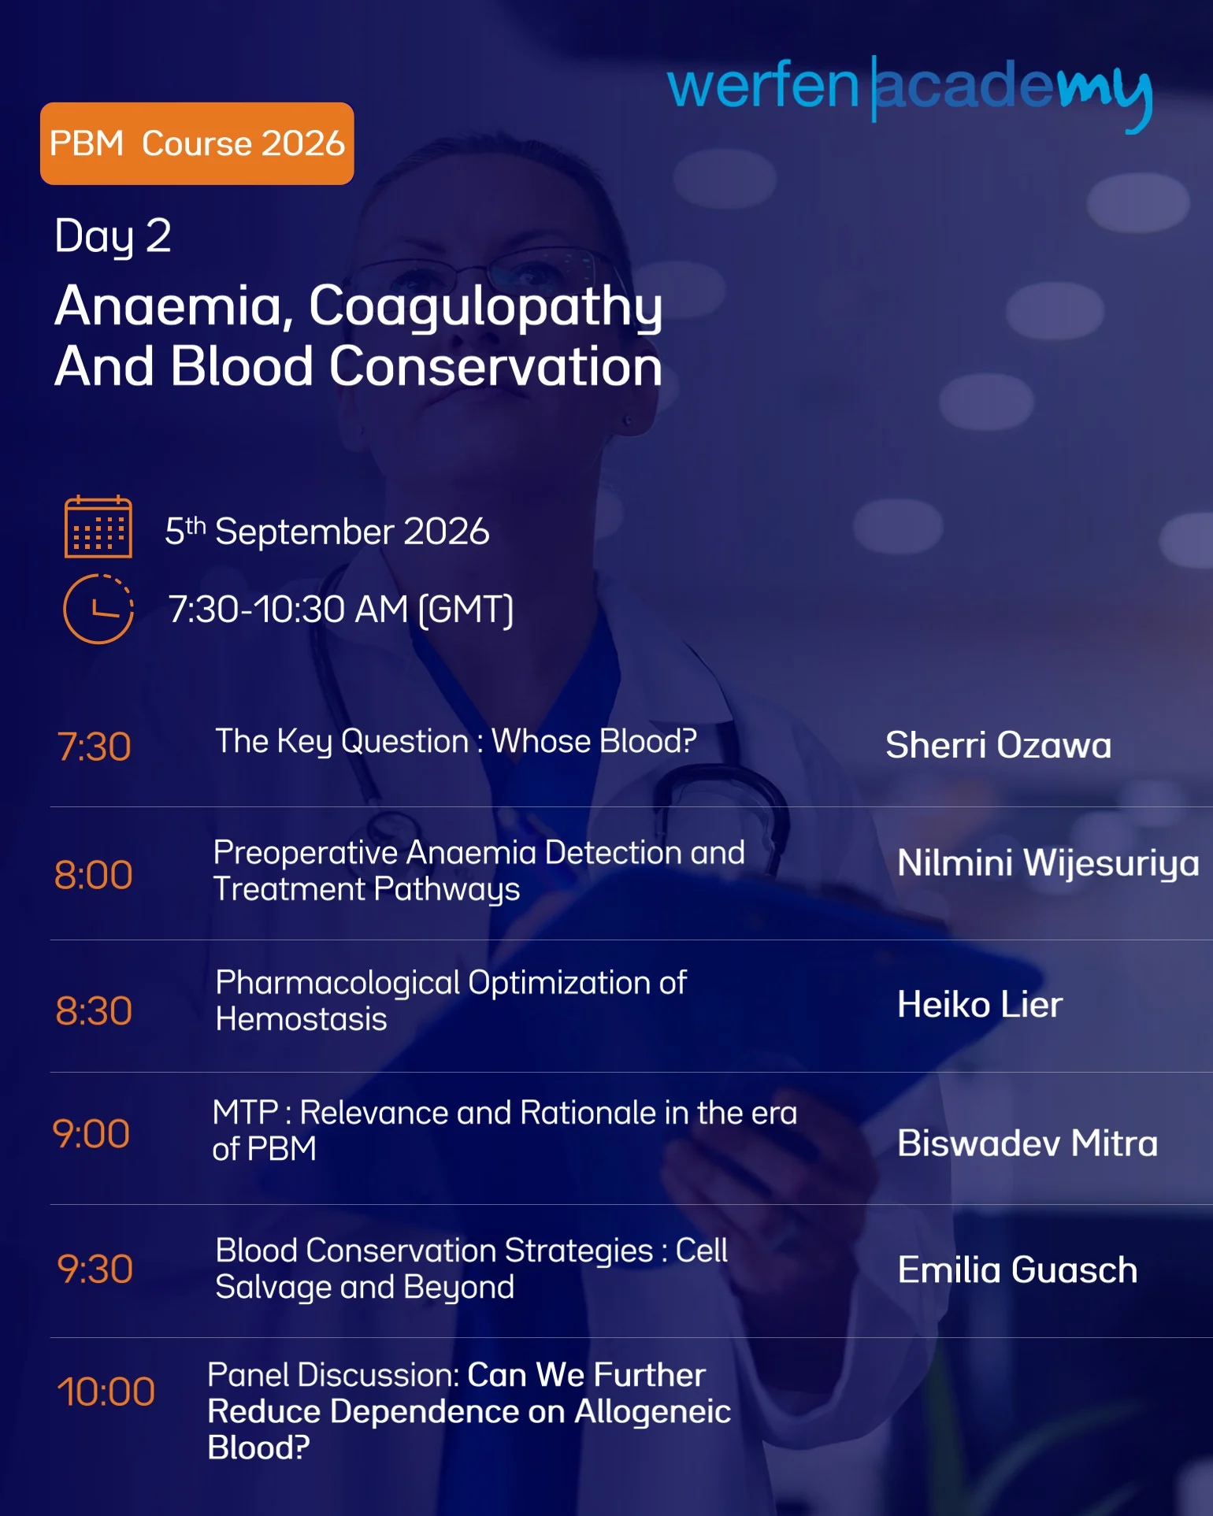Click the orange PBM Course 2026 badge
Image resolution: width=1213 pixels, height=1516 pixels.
[197, 143]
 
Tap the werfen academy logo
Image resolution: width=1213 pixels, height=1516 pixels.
[910, 92]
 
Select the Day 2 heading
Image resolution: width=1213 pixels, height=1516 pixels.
[113, 237]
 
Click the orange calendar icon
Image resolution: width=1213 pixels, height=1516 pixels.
[98, 527]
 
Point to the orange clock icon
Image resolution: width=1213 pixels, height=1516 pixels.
[98, 609]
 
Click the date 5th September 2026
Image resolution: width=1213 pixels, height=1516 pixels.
[327, 532]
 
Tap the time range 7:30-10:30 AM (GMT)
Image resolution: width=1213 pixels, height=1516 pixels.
[341, 610]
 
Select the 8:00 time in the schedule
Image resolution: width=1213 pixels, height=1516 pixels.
[93, 875]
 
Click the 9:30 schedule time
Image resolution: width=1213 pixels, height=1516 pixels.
[95, 1269]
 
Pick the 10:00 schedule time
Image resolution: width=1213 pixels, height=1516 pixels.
[106, 1392]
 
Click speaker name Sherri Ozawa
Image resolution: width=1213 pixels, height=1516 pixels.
[998, 745]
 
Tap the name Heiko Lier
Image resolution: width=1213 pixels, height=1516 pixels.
[980, 1005]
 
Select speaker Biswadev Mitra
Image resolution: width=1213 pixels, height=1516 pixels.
[1027, 1143]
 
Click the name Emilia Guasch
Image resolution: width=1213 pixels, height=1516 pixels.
[1018, 1270]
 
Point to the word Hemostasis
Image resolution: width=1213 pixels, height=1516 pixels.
[301, 1020]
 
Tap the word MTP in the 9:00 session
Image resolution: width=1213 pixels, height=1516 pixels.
[245, 1113]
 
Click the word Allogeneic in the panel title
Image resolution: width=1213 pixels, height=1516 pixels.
[653, 1412]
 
